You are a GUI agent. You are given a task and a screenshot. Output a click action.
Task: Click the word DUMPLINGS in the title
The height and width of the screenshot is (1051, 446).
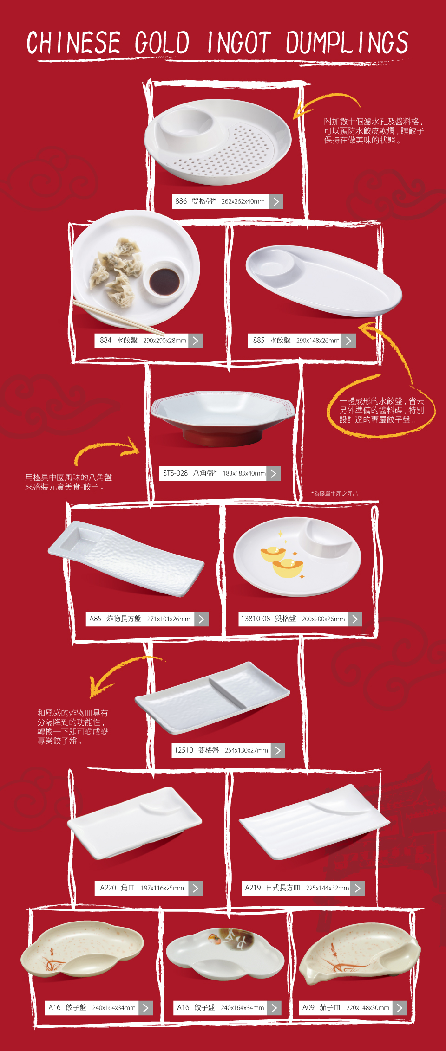coord(347,43)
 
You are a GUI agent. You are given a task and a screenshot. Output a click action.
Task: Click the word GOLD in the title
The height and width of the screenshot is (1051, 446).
coord(162,43)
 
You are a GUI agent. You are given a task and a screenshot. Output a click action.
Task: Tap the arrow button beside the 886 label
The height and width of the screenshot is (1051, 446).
coord(276,201)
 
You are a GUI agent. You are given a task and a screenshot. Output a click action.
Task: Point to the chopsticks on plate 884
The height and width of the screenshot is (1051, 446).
coord(119,318)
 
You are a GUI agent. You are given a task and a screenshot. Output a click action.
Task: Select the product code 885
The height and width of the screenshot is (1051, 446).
coord(258,340)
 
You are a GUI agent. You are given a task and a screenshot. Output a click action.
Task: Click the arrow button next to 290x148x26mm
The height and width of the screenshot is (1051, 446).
coord(349,341)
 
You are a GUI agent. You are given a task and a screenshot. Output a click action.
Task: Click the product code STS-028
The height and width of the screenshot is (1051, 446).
coord(175,473)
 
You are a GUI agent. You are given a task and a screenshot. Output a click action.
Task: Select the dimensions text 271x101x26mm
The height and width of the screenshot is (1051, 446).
coord(169,619)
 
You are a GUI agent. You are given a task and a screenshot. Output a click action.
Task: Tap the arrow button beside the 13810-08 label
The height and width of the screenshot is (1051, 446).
coord(355,619)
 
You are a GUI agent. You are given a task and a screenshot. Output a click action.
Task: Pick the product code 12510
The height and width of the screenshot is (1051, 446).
coord(184,750)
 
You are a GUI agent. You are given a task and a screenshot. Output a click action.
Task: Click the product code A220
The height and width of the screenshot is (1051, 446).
coord(108,888)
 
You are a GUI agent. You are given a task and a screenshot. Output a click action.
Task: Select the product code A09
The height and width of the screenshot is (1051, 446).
coord(308,1007)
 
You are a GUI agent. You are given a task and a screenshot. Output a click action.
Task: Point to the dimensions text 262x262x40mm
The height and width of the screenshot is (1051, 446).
coord(243,201)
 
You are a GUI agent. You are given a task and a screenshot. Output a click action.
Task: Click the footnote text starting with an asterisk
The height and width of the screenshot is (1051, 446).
coord(334,494)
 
